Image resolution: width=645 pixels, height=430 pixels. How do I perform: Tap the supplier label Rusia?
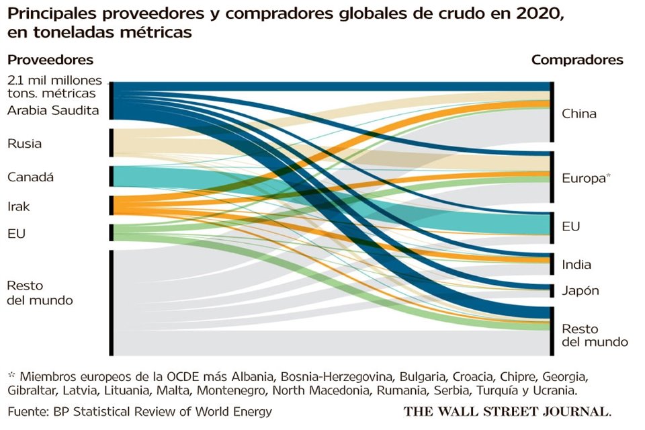(24, 143)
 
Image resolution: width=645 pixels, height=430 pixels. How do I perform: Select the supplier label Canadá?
(30, 177)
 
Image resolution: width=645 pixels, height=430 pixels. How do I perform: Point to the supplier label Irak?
(19, 206)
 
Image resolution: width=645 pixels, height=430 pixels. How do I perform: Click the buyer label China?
(578, 114)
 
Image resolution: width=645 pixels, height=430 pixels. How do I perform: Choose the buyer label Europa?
(583, 178)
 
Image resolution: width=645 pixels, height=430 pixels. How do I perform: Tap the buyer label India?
(576, 264)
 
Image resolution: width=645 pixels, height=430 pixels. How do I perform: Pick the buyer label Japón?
(580, 291)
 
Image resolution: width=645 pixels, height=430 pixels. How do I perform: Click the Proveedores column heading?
(50, 60)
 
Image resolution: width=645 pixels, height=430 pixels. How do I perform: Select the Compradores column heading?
(577, 60)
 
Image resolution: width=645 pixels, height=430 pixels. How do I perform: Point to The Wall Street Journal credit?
(507, 411)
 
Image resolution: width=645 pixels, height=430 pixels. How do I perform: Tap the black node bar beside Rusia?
(111, 142)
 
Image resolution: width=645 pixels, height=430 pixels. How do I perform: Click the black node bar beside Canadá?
(111, 176)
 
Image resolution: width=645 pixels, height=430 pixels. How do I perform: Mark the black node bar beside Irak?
(111, 205)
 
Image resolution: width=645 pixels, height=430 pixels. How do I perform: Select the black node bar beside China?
(552, 112)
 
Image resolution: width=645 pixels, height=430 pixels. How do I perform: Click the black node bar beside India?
(552, 263)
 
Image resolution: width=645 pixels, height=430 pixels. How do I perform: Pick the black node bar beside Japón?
(552, 290)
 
